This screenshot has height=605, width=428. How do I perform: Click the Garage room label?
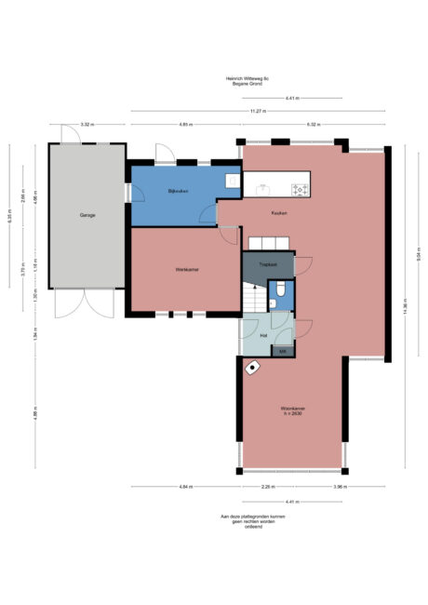[87, 215]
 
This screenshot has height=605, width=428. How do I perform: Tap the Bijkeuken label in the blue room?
[179, 192]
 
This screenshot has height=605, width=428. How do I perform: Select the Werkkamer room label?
[186, 270]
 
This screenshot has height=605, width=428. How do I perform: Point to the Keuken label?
[278, 214]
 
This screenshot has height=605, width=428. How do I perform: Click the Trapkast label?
[268, 264]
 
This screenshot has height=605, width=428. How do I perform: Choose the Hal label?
[263, 335]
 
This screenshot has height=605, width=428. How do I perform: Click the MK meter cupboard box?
[283, 350]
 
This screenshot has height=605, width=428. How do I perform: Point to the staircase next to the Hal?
[252, 298]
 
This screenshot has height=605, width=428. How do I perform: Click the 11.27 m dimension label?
[258, 111]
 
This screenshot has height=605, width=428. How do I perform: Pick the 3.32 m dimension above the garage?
[87, 124]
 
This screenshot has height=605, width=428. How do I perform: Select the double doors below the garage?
[83, 302]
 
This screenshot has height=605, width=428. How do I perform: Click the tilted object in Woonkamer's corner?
[252, 368]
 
